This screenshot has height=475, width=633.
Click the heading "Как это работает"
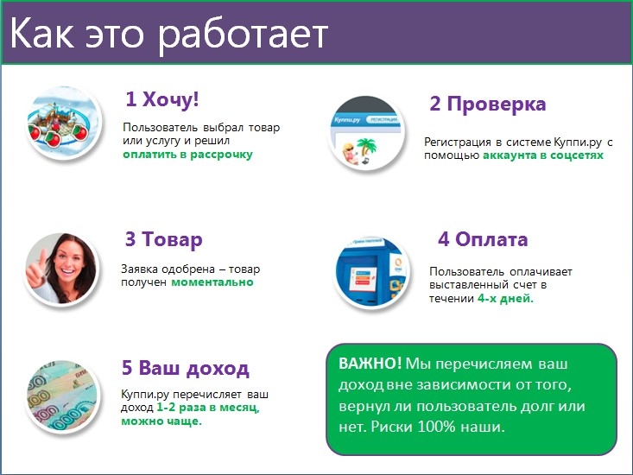168,34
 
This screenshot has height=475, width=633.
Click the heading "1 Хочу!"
162,99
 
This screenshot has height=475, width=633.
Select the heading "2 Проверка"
488,104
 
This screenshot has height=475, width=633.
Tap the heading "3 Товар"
163,239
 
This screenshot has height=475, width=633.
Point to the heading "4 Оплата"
483,239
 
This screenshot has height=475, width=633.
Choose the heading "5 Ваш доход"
186,368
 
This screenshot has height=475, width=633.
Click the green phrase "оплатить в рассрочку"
187,155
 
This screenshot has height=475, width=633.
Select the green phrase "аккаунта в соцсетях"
543,155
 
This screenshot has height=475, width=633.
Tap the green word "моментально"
212,282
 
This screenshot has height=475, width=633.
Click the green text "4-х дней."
505,299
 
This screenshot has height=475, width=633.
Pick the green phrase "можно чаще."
161,421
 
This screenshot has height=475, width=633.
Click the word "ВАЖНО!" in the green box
370,364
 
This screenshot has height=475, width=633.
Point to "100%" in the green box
436,427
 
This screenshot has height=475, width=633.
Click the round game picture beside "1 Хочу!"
63,122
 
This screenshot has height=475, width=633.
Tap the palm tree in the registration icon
366,148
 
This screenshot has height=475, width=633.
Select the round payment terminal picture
371,272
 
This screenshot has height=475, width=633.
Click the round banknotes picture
62,396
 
